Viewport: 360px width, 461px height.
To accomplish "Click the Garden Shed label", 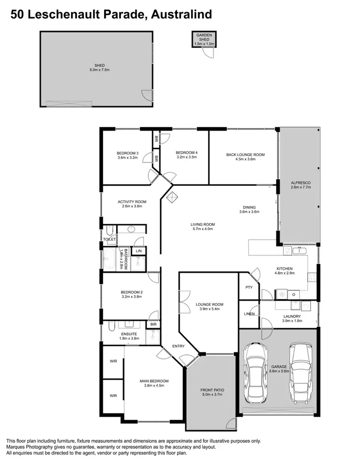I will click(x=204, y=37).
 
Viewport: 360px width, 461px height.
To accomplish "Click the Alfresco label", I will click(x=301, y=183).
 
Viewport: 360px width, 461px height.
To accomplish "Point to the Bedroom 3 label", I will click(x=128, y=153).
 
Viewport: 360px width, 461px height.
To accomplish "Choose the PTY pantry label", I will click(x=249, y=287).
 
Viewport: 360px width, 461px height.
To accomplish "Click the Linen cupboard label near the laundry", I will click(x=249, y=314).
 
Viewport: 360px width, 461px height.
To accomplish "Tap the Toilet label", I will click(x=109, y=239).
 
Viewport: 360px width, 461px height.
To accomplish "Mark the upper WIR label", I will click(x=113, y=361).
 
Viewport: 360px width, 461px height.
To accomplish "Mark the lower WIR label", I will click(x=113, y=396).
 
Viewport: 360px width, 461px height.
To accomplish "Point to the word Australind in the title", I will click(x=181, y=15).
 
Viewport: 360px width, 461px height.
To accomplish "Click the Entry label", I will click(x=178, y=346).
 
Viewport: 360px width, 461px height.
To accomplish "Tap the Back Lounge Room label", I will click(x=245, y=155).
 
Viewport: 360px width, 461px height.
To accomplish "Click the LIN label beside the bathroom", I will click(x=139, y=251).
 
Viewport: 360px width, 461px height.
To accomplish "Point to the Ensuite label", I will click(x=129, y=334).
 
